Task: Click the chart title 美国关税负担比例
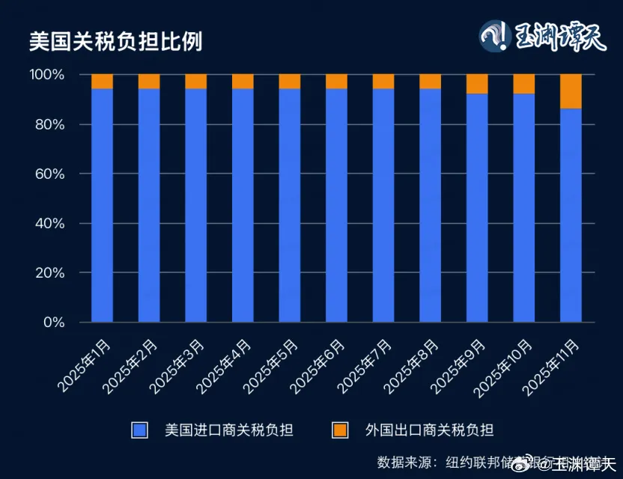pos(115,40)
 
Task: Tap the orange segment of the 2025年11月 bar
pos(571,91)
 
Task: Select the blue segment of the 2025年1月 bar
pos(102,206)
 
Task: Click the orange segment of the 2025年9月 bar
pos(477,84)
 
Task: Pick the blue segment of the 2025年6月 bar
pos(336,206)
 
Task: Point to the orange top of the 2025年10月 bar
pos(524,84)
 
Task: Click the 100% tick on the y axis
pos(48,75)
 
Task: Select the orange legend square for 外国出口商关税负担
pos(340,430)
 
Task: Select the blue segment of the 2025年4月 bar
pos(243,206)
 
